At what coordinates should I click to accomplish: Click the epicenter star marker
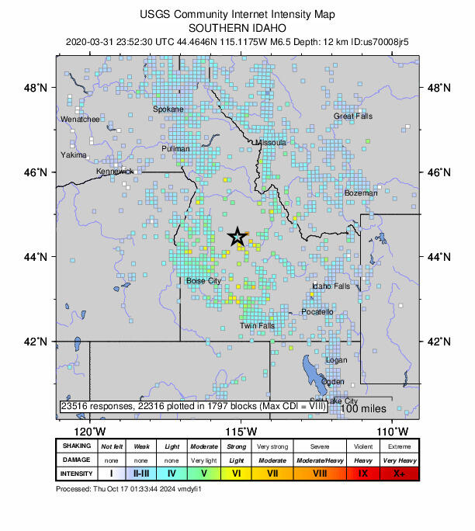click(237, 238)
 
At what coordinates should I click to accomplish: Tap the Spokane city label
click(168, 109)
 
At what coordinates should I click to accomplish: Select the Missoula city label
click(271, 143)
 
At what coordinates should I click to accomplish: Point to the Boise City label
click(203, 280)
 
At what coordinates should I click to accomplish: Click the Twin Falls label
click(257, 326)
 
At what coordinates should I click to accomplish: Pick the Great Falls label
click(353, 116)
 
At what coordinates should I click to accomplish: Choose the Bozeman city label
click(361, 193)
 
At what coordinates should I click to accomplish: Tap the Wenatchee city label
click(80, 120)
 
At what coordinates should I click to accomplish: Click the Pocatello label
click(317, 312)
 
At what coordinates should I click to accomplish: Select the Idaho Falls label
click(331, 286)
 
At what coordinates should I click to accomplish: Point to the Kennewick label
click(115, 171)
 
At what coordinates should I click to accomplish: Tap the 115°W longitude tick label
click(241, 432)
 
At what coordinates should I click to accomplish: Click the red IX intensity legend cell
click(362, 473)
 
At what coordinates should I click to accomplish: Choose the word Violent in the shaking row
click(362, 446)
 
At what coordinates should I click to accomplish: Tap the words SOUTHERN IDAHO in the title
click(237, 26)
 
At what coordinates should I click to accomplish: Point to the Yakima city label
click(74, 154)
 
